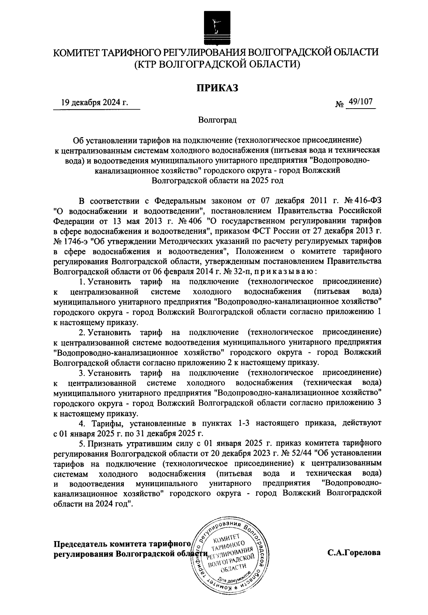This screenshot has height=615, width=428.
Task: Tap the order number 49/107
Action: pos(361,102)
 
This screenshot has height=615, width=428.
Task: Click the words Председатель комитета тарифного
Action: pos(121,544)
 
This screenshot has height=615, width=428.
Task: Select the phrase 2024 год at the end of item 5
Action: pos(113,504)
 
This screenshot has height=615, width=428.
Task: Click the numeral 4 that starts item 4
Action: pos(81,424)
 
